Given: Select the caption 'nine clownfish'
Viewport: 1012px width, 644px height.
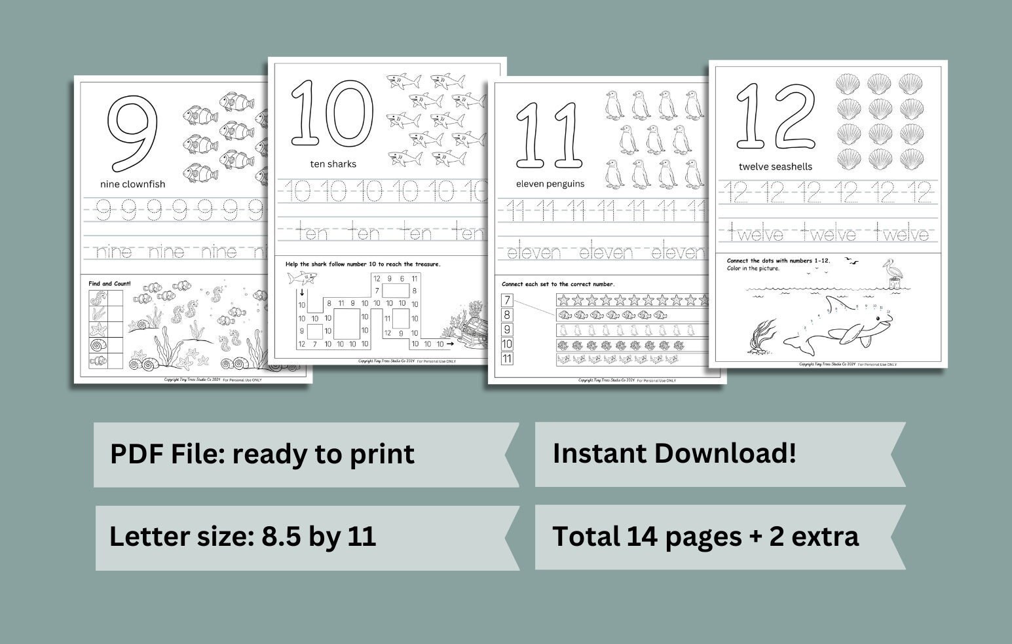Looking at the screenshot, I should [132, 184].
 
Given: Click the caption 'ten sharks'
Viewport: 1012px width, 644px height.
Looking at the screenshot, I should [333, 164].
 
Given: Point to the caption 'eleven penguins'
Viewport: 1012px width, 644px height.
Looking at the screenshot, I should [550, 183].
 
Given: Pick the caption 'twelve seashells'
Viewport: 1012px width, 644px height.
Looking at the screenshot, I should [775, 166].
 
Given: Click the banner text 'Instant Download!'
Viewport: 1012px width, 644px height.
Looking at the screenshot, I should [674, 453].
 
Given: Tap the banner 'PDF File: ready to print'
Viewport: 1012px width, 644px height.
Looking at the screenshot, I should [262, 454].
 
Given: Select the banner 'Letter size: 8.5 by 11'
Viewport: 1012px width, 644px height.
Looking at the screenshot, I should [242, 536].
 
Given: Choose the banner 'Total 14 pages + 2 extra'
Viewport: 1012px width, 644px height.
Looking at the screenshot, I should [705, 536].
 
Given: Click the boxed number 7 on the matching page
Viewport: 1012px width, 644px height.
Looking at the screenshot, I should [506, 300].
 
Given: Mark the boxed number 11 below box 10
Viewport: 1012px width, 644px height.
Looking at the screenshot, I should [506, 359].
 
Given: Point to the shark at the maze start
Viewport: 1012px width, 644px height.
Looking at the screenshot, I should [299, 278].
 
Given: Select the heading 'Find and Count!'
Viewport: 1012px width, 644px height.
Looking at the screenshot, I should [109, 283].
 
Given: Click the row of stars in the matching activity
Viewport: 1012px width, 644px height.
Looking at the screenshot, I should [632, 300].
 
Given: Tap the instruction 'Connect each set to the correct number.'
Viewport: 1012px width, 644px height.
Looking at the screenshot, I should [558, 284].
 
